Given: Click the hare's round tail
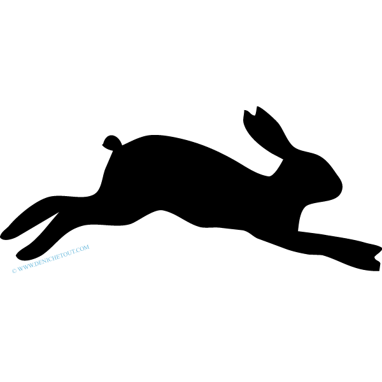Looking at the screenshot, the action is click(x=112, y=143).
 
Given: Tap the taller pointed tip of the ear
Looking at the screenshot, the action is click(x=257, y=106).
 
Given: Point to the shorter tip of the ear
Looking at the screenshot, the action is click(x=244, y=110).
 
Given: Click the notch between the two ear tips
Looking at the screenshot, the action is click(x=255, y=115).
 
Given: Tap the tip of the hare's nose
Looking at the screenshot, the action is click(x=342, y=187).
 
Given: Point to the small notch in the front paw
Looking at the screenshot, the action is click(x=375, y=257).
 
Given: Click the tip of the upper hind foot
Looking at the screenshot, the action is click(x=2, y=237).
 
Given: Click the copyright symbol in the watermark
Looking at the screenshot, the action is click(x=15, y=271).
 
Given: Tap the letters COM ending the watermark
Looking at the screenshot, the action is click(x=84, y=248).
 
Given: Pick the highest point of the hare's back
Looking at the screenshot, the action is click(x=153, y=135).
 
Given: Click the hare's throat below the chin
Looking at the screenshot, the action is click(x=308, y=205).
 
